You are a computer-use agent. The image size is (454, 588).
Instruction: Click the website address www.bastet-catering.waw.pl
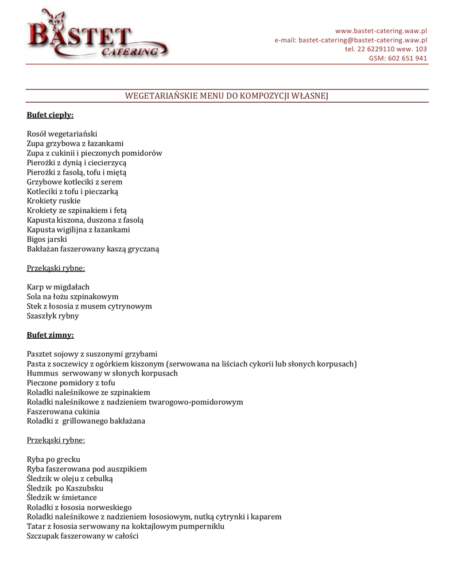click(x=381, y=31)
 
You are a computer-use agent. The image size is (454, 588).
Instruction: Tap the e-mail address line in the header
click(x=351, y=40)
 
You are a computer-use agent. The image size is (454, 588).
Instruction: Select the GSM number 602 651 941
click(x=398, y=59)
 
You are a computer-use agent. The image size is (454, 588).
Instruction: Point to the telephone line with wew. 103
click(x=386, y=49)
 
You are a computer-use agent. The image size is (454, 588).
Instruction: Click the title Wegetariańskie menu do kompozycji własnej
click(x=227, y=96)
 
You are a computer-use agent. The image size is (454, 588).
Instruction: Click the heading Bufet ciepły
click(x=50, y=115)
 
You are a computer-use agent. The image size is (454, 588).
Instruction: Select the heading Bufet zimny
click(x=50, y=335)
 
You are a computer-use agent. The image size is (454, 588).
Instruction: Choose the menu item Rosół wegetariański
click(x=62, y=134)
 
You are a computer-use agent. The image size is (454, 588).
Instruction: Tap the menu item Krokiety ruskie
click(x=53, y=201)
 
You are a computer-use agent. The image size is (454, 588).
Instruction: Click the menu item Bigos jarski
click(x=47, y=239)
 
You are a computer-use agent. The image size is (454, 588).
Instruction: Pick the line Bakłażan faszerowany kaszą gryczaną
click(x=93, y=249)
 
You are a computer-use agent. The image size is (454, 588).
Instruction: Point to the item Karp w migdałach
click(x=58, y=287)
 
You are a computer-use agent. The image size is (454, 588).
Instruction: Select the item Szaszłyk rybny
click(x=53, y=315)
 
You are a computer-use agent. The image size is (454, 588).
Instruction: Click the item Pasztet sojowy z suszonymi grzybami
click(x=92, y=354)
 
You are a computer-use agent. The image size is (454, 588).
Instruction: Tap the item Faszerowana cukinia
click(x=63, y=411)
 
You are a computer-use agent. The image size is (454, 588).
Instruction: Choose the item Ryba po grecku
click(x=53, y=459)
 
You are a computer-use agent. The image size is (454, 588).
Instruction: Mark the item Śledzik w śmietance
click(x=62, y=497)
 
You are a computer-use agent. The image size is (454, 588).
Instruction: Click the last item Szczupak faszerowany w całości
click(x=83, y=536)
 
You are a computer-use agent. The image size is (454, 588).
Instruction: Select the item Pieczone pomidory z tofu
click(x=71, y=382)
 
